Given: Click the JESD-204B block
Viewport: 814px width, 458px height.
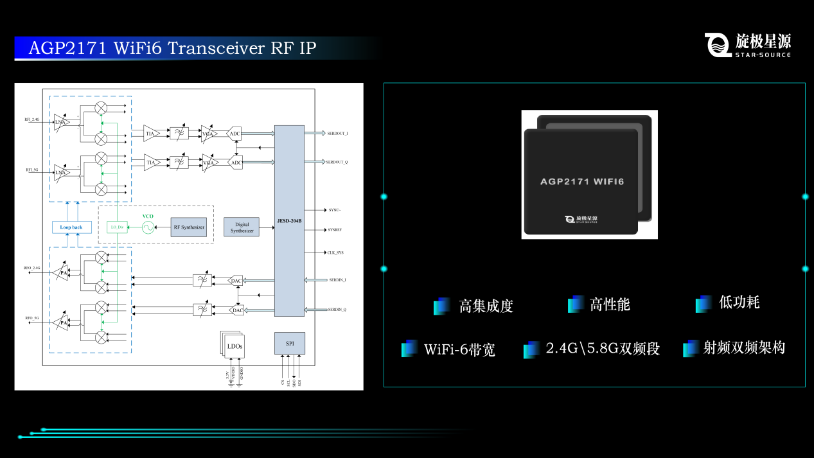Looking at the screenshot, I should tap(289, 220).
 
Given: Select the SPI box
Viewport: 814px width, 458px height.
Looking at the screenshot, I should tap(289, 344).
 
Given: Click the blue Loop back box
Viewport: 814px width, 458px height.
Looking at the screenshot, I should tap(71, 227).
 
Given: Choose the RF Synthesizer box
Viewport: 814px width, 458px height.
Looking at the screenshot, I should tap(189, 227).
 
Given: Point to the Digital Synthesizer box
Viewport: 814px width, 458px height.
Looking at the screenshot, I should tap(242, 227).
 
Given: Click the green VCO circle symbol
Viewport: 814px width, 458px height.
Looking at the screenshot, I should tap(148, 227).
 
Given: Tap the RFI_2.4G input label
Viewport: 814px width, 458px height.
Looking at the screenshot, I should tap(32, 119).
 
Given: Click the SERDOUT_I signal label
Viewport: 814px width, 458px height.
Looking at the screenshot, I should tap(337, 134).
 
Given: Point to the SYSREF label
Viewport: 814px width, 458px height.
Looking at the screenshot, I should tap(335, 230).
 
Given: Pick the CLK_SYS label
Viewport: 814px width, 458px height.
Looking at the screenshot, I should tap(336, 253).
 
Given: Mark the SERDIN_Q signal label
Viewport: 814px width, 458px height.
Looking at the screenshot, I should tap(337, 310).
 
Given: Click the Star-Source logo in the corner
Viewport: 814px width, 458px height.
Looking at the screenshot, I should tap(748, 45).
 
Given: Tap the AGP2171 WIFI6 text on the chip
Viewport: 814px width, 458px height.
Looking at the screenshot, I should tap(582, 182).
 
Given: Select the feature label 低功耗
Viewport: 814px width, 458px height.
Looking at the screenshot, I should tap(739, 303).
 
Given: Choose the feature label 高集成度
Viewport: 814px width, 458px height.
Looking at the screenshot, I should tap(486, 306).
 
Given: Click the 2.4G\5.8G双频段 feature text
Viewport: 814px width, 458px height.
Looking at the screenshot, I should tap(602, 349).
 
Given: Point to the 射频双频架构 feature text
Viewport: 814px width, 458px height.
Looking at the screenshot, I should tap(744, 348).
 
